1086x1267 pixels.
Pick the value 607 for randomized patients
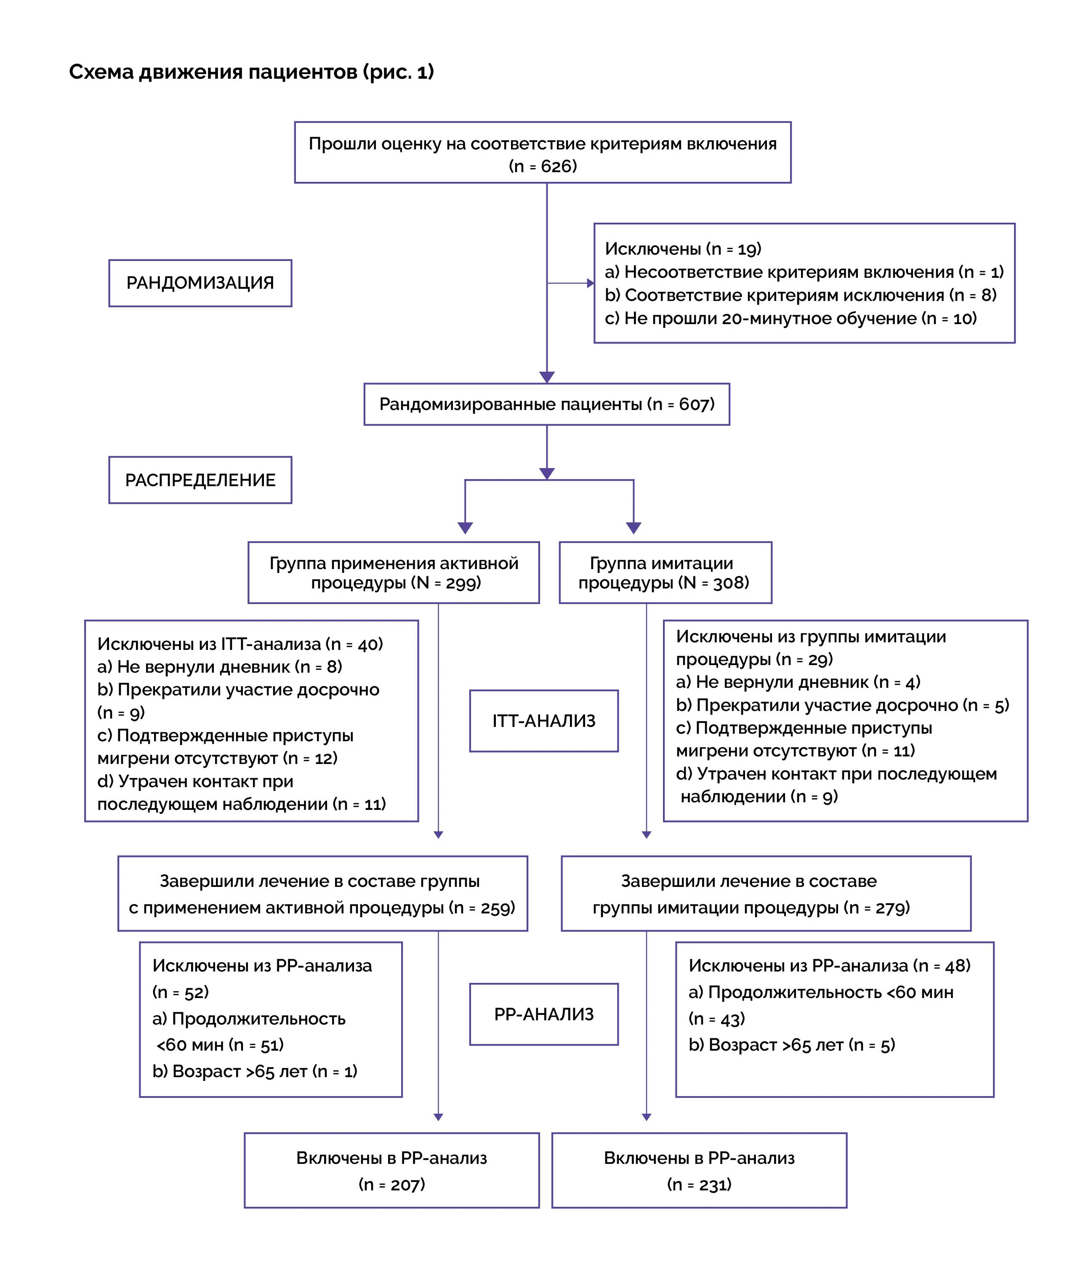(694, 404)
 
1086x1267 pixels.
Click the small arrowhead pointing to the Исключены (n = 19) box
(591, 283)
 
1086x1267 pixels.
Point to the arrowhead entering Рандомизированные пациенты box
(547, 377)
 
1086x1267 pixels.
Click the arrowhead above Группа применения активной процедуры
(466, 528)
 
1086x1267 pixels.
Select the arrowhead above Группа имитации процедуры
(633, 528)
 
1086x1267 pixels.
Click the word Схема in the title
(101, 72)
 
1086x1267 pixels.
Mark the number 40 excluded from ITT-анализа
(367, 644)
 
